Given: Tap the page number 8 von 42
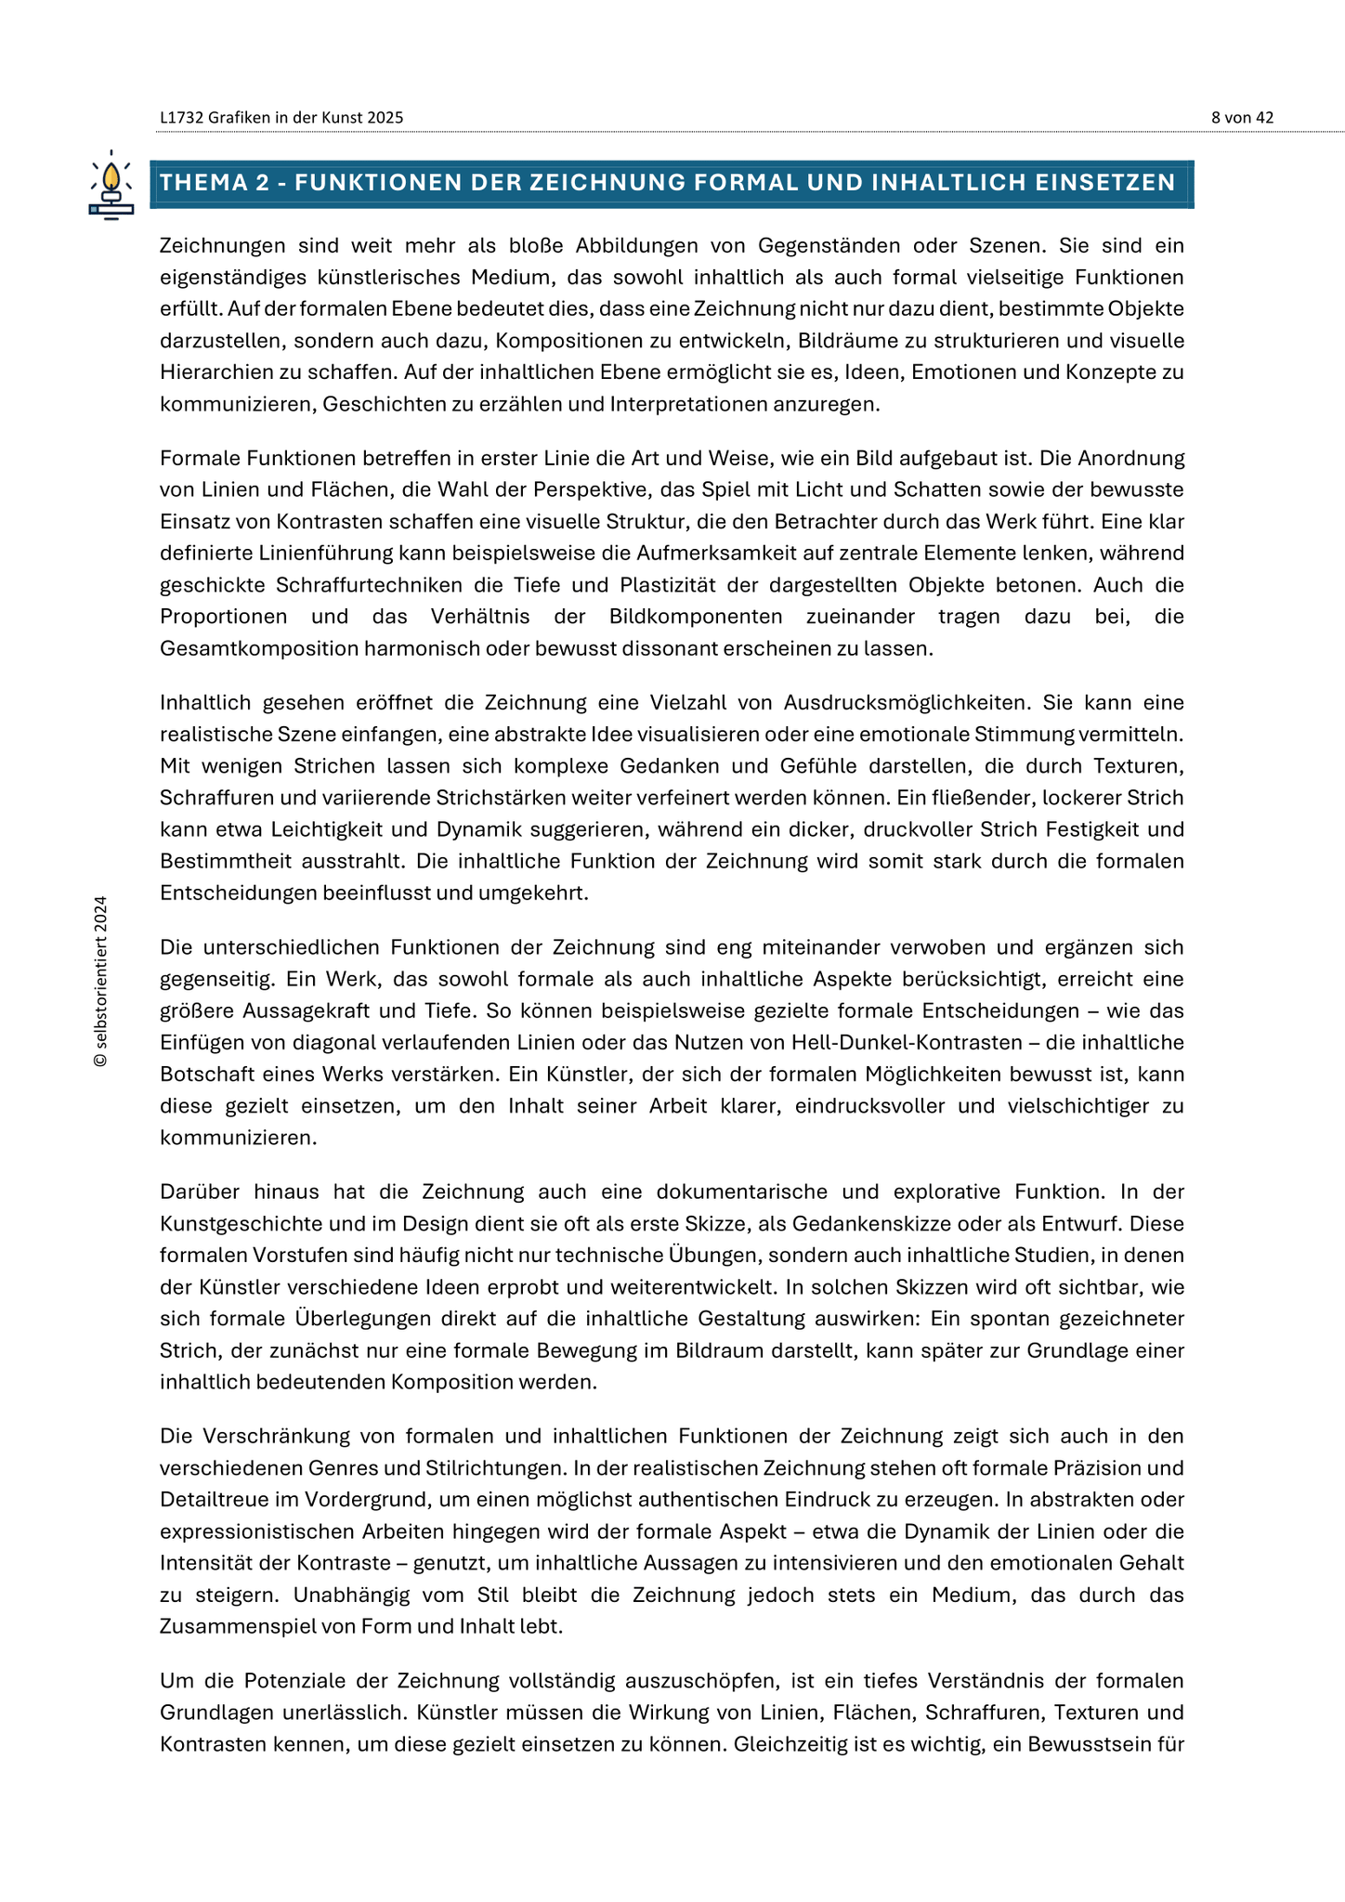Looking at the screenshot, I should coord(1242,118).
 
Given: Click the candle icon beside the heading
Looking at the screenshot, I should coord(111,185).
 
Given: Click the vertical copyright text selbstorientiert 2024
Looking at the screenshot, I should coord(101,981).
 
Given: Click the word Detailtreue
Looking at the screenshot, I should coord(213,1499).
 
